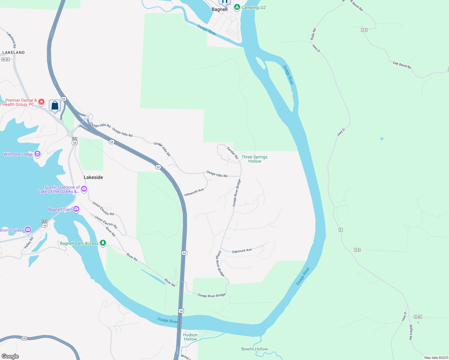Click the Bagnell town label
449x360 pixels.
point(219,9)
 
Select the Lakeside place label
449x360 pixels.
point(93,177)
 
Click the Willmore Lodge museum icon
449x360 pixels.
point(38,154)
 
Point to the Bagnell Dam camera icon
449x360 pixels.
point(76,209)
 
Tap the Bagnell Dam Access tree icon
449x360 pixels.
point(103,243)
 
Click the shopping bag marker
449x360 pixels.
point(55,106)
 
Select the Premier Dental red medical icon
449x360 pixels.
point(41,102)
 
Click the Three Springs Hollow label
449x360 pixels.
point(255,159)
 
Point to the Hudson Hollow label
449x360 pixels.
point(190,337)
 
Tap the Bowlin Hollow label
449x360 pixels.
point(255,349)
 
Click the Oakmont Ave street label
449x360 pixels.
point(242,251)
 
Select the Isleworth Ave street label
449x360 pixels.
point(194,192)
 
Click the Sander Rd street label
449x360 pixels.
point(232,153)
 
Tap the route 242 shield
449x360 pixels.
point(24,338)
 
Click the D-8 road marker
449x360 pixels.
point(357,250)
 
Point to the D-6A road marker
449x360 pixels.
point(418,317)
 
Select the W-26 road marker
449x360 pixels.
point(5,59)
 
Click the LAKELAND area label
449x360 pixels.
point(14,52)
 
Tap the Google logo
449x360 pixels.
point(10,356)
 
